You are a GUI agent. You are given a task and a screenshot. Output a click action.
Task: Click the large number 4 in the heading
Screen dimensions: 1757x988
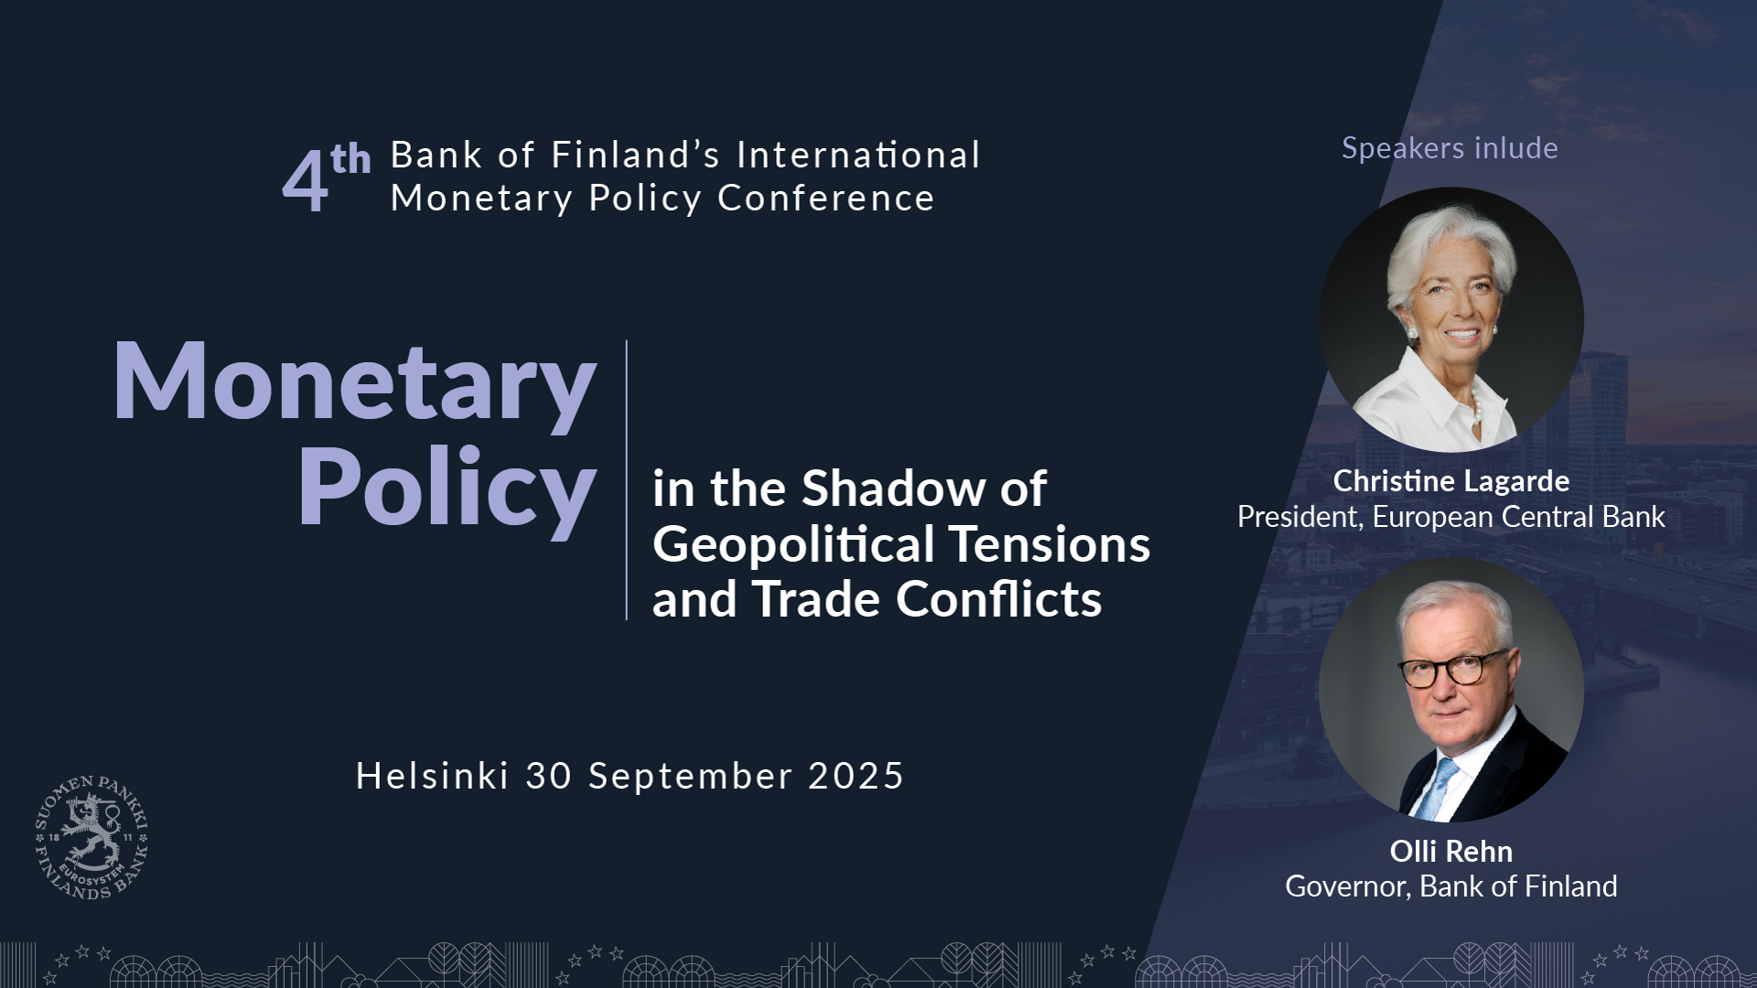point(305,181)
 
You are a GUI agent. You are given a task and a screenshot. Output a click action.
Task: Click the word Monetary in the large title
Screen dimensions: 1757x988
point(355,381)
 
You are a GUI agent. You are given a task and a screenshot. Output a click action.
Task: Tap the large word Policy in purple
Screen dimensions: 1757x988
point(447,490)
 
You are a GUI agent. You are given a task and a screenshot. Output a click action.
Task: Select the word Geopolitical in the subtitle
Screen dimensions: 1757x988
point(794,547)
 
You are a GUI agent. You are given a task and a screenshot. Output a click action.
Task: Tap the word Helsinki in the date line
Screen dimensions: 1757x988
point(432,776)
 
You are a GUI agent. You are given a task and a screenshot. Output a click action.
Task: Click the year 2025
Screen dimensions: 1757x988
point(857,776)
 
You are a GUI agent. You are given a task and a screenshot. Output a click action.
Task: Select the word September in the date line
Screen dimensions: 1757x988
point(690,778)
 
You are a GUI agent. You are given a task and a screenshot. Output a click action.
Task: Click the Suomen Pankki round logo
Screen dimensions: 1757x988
point(92,837)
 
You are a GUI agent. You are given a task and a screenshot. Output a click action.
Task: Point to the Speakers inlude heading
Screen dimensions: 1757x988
point(1450,148)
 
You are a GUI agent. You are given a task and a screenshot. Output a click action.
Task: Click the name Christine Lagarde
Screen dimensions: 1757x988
point(1451,481)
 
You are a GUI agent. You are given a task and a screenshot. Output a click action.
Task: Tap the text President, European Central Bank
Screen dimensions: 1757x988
point(1451,517)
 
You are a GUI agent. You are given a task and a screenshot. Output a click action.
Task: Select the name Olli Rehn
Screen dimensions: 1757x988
point(1451,852)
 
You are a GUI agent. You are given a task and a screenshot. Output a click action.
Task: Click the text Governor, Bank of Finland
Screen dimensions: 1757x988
point(1451,886)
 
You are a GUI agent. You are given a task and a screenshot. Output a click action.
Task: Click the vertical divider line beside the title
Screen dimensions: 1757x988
point(627,480)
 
